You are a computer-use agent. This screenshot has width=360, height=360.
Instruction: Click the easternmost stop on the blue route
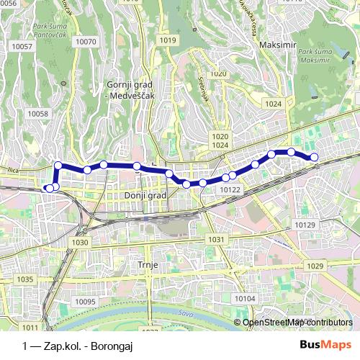(x=314, y=158)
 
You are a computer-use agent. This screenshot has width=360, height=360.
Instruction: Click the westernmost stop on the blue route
(x=48, y=189)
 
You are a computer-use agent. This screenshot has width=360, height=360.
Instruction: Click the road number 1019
(x=168, y=40)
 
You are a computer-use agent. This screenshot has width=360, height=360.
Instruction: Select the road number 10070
(x=86, y=42)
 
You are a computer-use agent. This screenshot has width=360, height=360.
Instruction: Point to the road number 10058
(x=37, y=114)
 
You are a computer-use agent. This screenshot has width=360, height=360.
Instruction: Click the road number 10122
(x=230, y=189)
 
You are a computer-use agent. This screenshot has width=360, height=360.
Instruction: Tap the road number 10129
(x=305, y=225)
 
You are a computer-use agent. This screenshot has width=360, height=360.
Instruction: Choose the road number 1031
(x=215, y=239)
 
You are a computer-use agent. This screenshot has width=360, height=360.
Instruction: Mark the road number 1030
(x=80, y=243)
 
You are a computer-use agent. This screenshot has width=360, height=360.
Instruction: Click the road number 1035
(x=25, y=279)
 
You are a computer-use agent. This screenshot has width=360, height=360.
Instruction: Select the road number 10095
(x=85, y=302)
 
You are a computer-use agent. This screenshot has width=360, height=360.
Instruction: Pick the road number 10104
(x=245, y=299)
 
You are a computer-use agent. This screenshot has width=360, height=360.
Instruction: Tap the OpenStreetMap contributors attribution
(x=297, y=323)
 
